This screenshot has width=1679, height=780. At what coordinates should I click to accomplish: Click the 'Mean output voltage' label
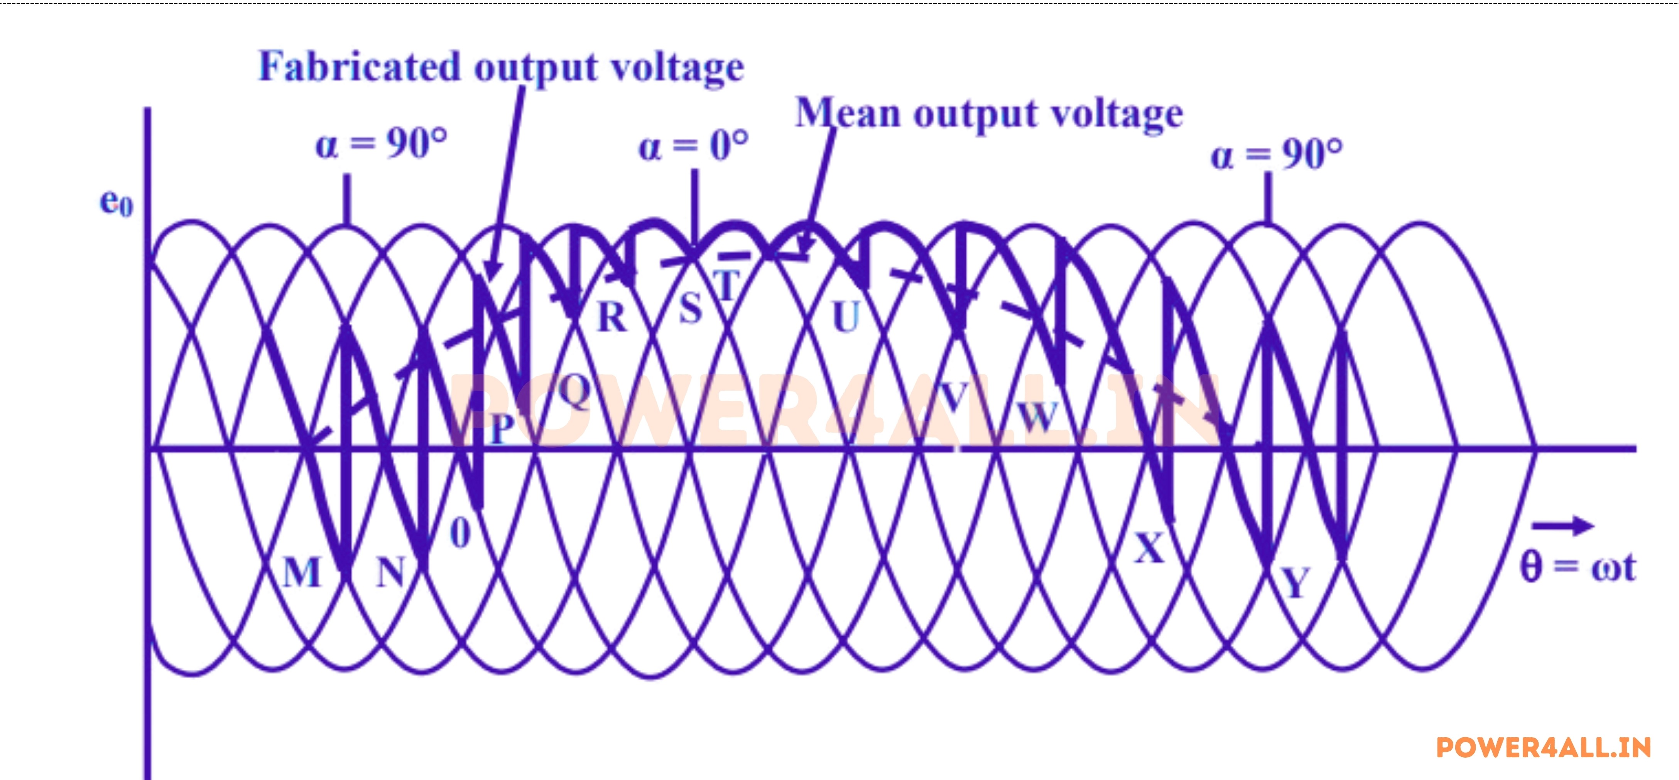(x=989, y=115)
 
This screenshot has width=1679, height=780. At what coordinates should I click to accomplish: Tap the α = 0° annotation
(x=693, y=146)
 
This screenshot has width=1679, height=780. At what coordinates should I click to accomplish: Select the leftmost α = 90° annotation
(x=381, y=143)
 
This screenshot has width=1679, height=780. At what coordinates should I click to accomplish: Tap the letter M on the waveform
(x=302, y=573)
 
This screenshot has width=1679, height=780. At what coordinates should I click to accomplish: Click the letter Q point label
(x=574, y=391)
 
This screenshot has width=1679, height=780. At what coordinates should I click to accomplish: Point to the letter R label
(x=612, y=318)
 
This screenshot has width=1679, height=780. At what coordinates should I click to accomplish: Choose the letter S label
(x=690, y=308)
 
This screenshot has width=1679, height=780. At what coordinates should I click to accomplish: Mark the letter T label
(x=727, y=285)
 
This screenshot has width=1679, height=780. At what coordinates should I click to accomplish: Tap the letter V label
(x=954, y=398)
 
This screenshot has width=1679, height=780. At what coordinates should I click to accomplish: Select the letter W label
(x=1038, y=416)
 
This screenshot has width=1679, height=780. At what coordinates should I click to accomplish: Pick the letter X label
(x=1149, y=548)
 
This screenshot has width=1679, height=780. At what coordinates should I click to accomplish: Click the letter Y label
(x=1295, y=582)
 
